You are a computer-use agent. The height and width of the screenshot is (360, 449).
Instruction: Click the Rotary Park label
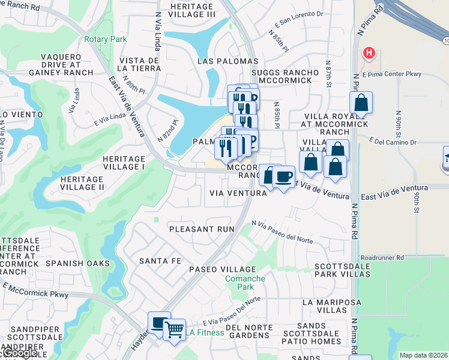106,39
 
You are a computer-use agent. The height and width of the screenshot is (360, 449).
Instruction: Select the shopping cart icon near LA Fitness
174,328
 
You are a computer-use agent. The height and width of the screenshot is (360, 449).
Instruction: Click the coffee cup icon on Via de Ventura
283,176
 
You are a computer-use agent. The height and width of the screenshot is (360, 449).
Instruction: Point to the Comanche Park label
244,283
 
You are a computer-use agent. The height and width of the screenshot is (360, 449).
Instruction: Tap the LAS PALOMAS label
228,61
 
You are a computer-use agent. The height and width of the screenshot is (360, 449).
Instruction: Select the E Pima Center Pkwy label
388,74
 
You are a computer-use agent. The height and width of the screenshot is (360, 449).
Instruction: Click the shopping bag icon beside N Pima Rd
361,103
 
